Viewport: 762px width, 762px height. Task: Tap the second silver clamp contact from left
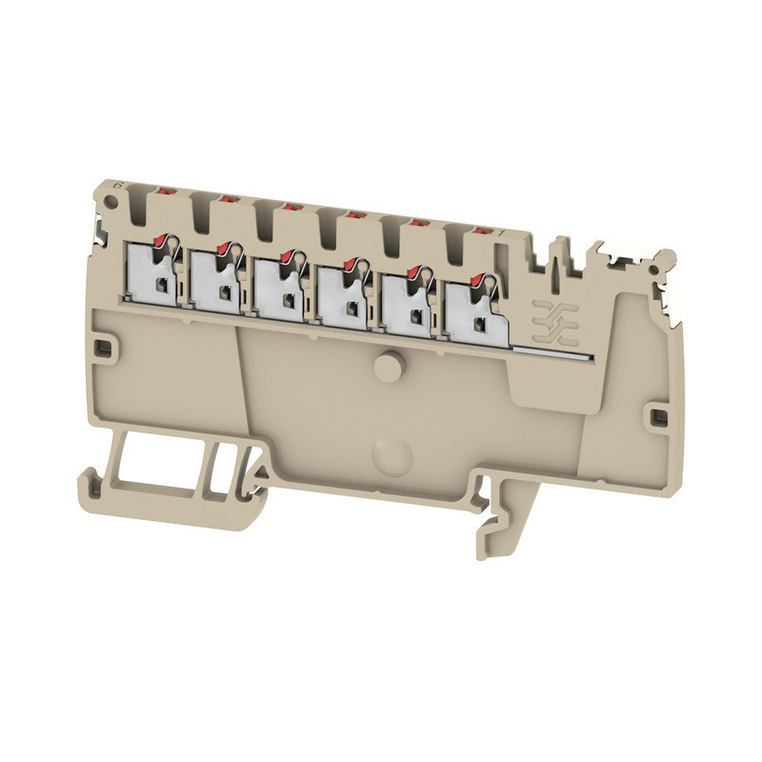218,279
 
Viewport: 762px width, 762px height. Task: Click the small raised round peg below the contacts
388,366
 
